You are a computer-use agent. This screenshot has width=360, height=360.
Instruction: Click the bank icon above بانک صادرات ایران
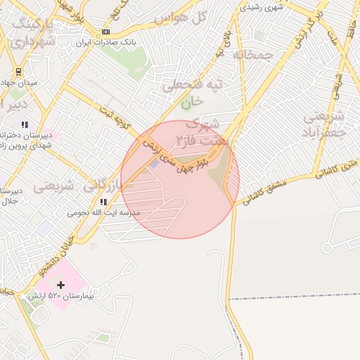pos(106,32)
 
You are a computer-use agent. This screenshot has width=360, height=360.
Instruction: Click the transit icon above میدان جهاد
pos(18,71)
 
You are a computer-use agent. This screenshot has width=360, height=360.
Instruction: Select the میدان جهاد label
pos(22,82)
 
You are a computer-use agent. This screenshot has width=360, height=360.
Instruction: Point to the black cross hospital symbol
pos(61,285)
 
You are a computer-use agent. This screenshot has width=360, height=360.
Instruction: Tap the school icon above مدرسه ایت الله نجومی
pos(103,202)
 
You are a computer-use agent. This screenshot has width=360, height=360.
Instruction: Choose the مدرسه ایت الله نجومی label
pos(104,212)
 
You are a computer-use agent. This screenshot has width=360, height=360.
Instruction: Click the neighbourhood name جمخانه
pos(253,54)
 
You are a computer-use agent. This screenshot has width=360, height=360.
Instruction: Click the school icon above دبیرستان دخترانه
pos(25,125)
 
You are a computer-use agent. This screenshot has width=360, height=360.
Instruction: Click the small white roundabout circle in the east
pos(327,248)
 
